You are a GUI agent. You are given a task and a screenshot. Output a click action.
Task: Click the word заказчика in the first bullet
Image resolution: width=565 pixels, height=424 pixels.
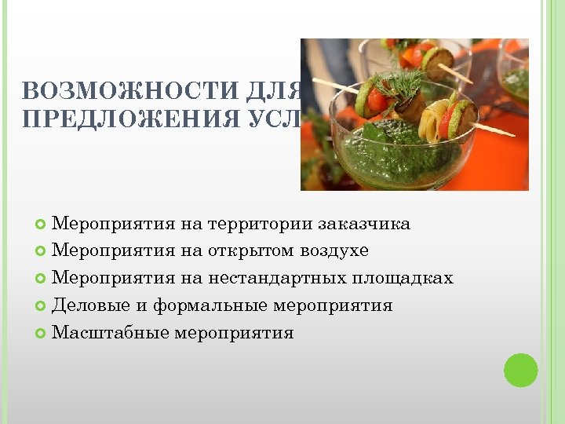pos(364,224)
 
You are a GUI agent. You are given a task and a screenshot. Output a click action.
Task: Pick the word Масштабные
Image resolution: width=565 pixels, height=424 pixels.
pos(111,333)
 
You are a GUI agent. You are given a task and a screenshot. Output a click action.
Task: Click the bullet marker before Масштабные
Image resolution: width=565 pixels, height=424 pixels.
pos(41,334)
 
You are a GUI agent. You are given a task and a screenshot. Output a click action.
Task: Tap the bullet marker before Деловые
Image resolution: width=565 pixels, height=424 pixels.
pos(41,306)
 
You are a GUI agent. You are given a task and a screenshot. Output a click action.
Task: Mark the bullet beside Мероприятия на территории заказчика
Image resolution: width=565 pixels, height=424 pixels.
pos(41,225)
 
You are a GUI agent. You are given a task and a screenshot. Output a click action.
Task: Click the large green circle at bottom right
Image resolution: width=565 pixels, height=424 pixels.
pos(520,370)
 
